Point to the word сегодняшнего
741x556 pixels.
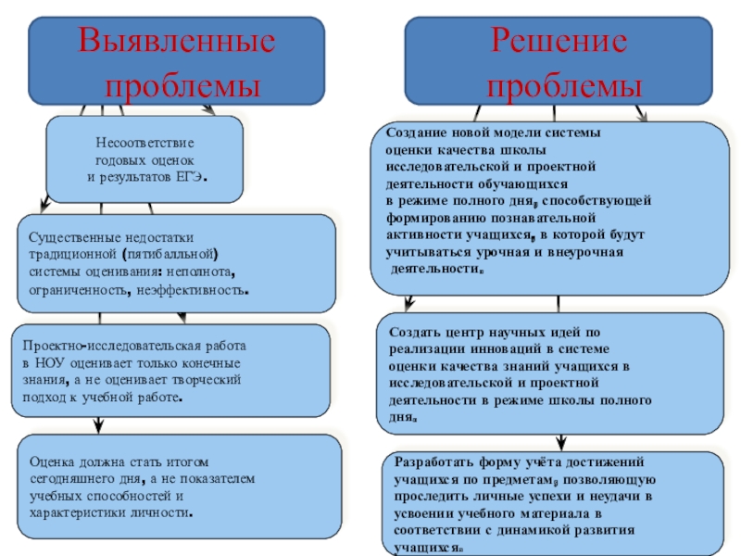[x=70, y=478]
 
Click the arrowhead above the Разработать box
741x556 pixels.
[x=559, y=443]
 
